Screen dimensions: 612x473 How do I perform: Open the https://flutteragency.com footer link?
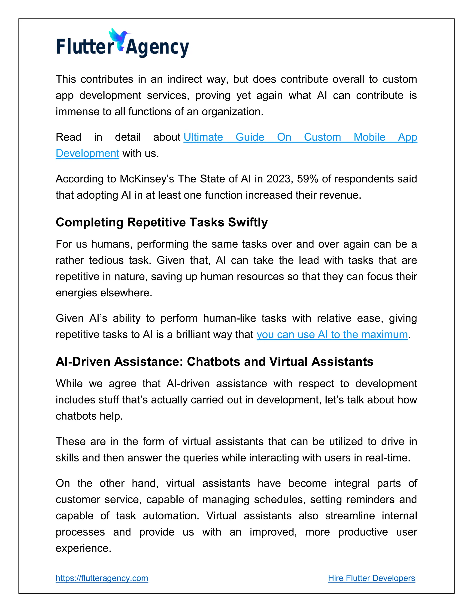102,578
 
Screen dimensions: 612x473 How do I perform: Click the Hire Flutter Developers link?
371,578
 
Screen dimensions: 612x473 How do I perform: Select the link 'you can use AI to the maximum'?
332,335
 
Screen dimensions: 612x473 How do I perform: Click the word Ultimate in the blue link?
203,137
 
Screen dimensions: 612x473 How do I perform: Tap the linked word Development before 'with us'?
88,154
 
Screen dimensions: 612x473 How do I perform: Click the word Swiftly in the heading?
248,222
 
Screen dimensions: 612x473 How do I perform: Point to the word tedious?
106,260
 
